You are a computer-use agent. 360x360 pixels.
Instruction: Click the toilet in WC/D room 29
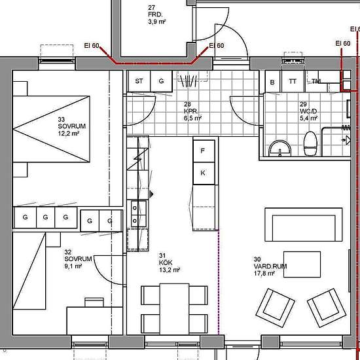click(310, 143)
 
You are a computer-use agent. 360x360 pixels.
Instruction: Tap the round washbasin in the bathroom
click(280, 149)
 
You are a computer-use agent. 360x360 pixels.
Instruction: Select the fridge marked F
click(204, 151)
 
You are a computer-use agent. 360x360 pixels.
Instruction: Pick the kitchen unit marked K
click(204, 173)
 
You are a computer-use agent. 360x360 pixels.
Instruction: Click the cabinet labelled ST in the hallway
click(139, 81)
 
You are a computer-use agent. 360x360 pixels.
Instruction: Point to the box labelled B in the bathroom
click(273, 82)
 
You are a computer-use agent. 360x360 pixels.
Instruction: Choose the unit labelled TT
click(293, 82)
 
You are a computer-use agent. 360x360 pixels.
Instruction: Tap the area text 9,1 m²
click(73, 266)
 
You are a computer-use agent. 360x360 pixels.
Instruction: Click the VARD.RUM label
click(270, 266)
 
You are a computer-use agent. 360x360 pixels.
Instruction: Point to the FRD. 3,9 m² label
click(157, 15)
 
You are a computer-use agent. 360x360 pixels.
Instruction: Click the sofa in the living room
click(304, 225)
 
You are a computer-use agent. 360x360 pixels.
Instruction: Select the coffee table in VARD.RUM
click(302, 264)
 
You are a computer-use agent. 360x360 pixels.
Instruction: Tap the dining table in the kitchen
click(175, 309)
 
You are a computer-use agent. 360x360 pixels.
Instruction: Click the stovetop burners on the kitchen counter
click(139, 214)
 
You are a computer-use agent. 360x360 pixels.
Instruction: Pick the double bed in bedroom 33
click(51, 129)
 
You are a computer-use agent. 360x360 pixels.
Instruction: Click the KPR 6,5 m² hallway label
click(192, 111)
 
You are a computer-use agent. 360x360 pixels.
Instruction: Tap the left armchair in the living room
click(276, 308)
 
